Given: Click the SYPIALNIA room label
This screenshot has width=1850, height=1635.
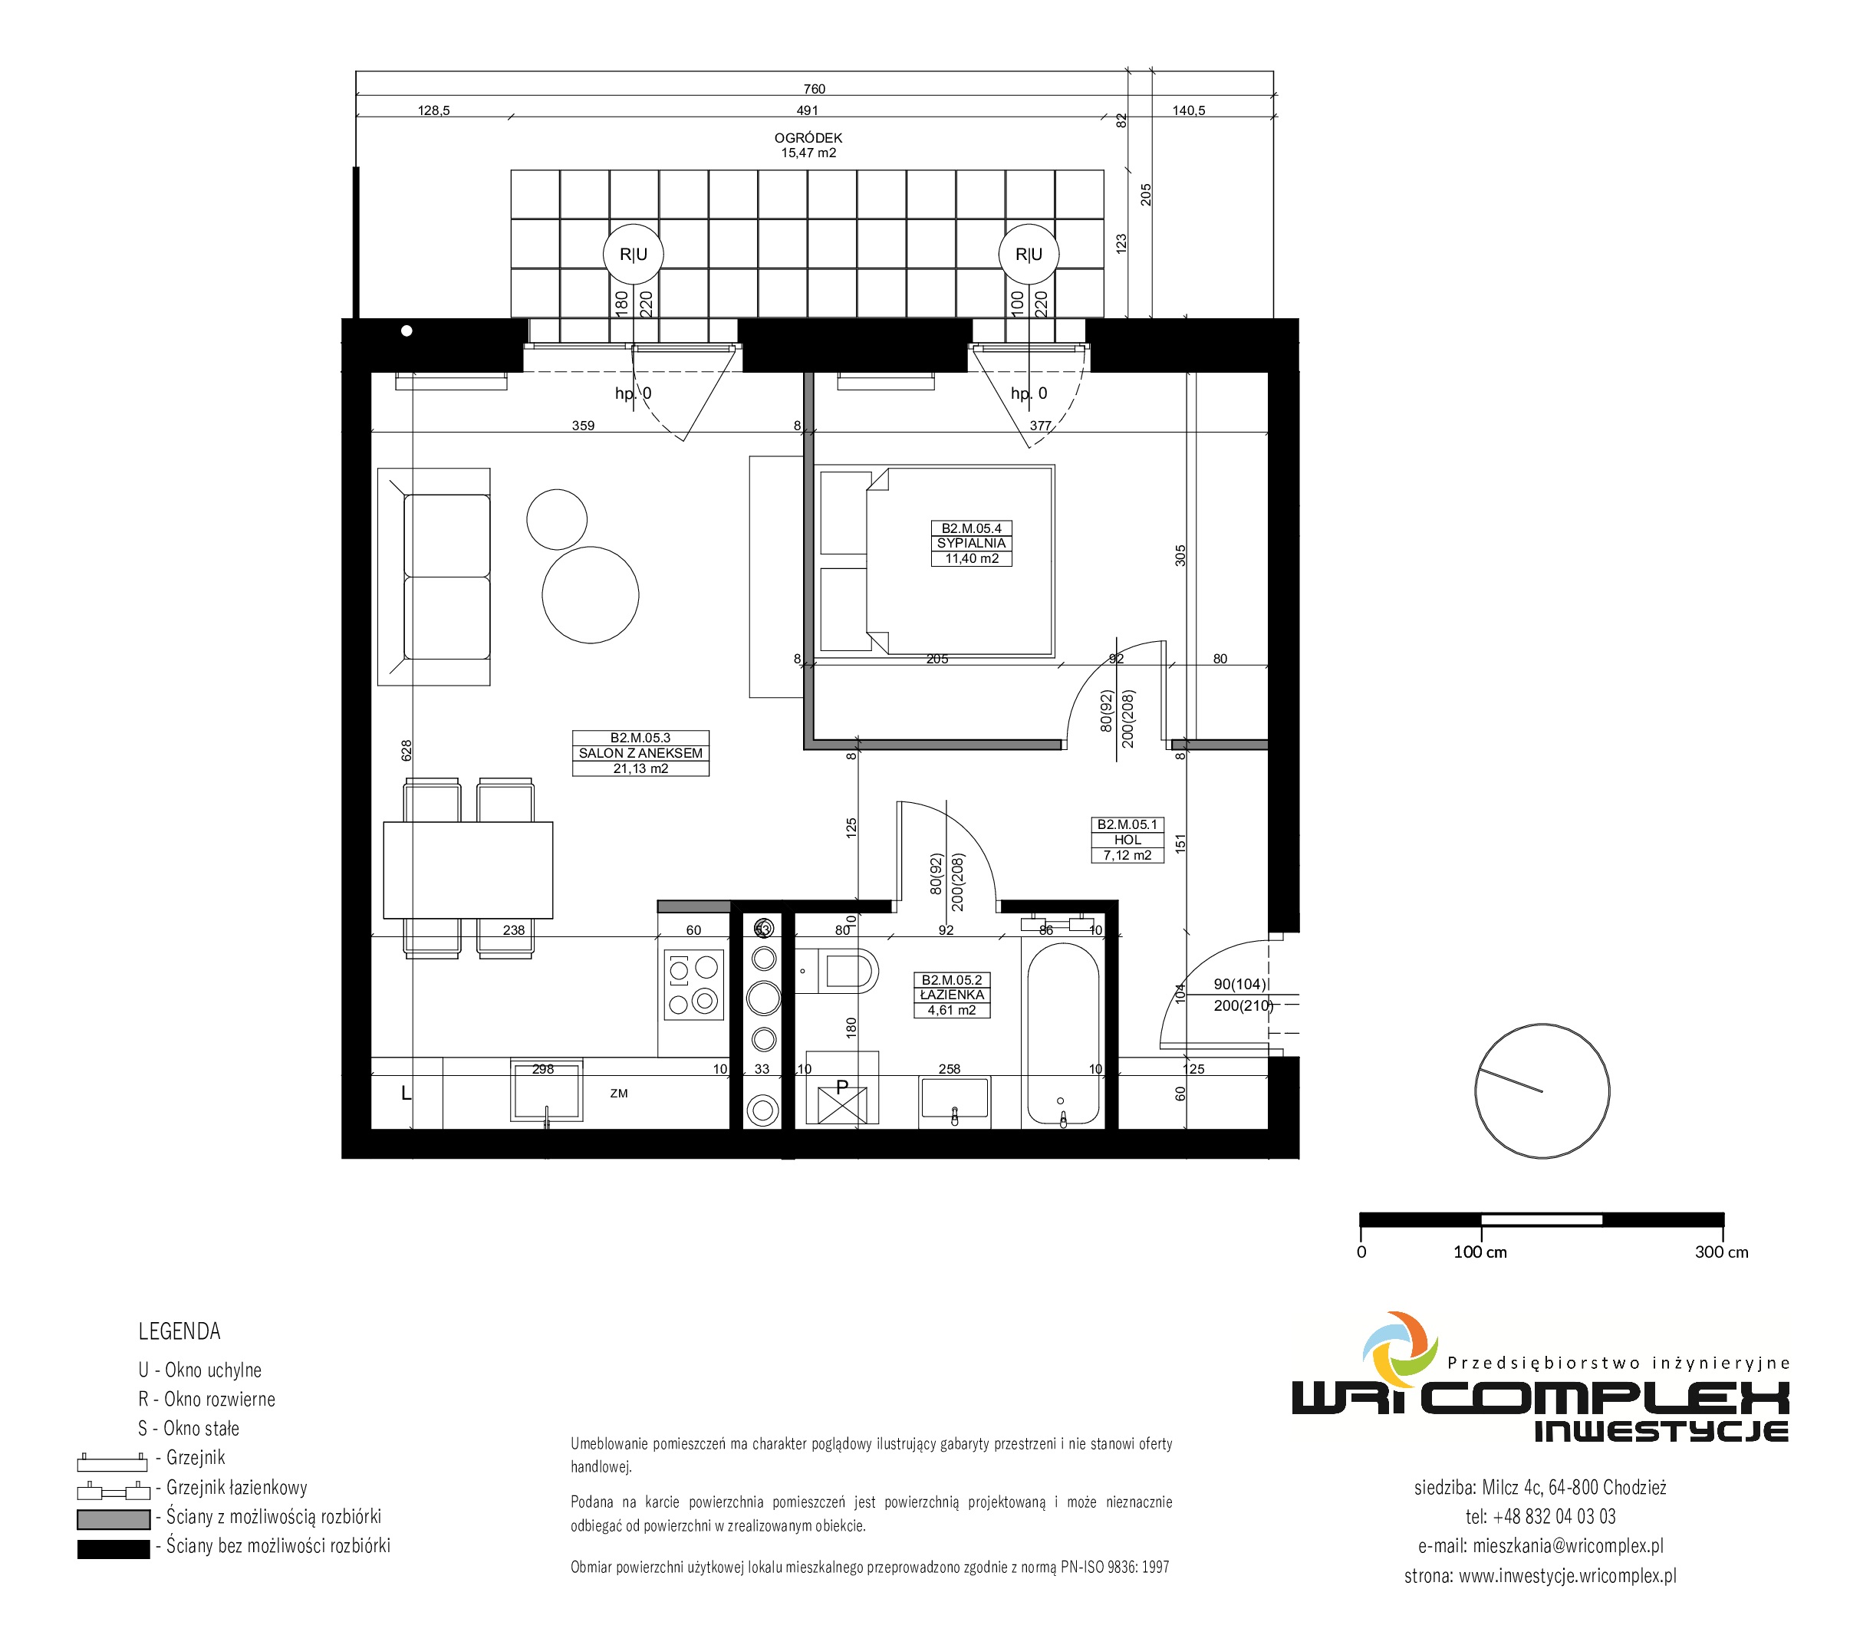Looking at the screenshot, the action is click(971, 543).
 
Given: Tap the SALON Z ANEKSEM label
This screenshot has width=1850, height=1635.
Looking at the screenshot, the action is click(640, 753).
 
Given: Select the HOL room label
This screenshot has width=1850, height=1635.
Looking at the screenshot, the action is click(1127, 840).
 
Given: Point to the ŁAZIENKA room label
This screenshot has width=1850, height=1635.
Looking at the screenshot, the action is click(952, 995).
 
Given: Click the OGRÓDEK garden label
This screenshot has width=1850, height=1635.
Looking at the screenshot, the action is click(808, 137).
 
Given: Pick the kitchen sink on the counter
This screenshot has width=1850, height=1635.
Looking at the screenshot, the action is click(547, 1090).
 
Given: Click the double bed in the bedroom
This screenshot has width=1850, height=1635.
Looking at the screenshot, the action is click(937, 561).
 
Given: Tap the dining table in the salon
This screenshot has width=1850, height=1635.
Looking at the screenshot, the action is click(468, 870).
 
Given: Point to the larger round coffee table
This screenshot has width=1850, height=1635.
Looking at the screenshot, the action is click(590, 595).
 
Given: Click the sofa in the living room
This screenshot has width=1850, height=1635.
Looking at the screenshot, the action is click(434, 577).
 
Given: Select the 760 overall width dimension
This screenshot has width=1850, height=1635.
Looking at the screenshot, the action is click(815, 89).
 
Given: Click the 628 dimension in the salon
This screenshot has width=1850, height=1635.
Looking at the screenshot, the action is click(407, 749).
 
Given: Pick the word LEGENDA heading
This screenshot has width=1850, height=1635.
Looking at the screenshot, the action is click(179, 1331).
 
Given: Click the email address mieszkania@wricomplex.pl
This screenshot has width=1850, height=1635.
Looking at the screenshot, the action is click(1568, 1546).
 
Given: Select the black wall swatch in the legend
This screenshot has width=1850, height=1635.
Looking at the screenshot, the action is click(114, 1549).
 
